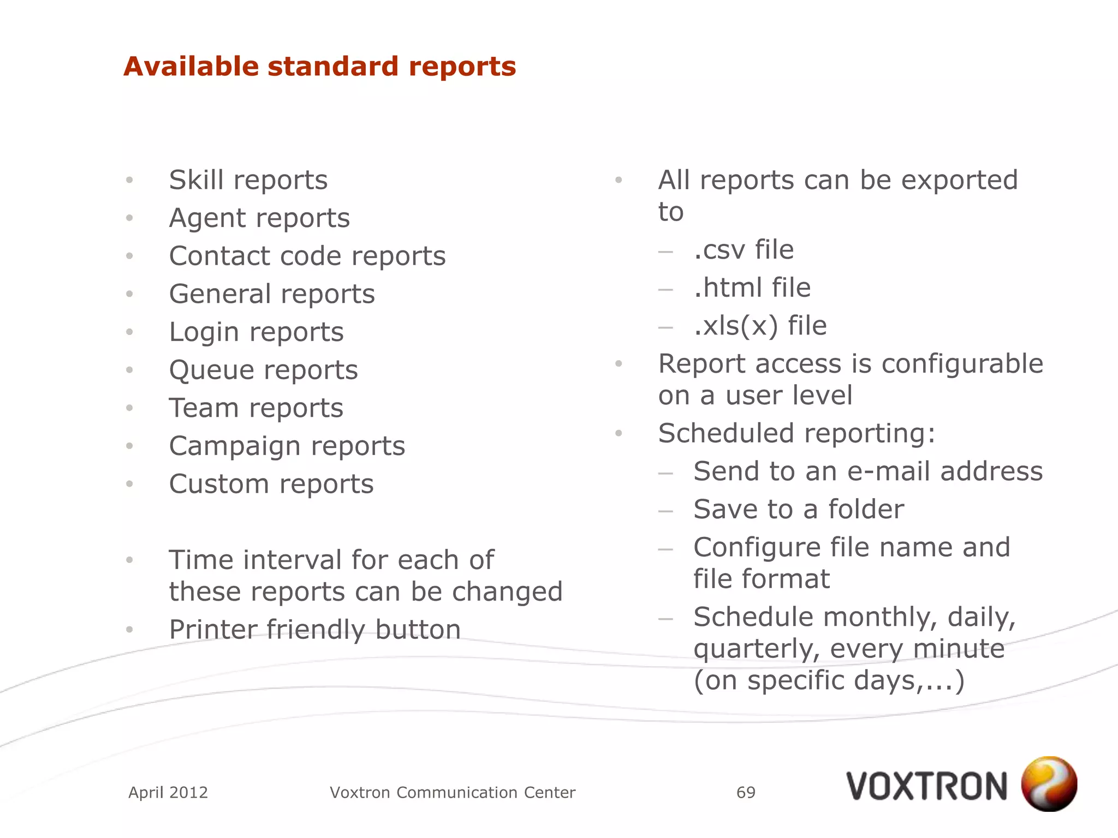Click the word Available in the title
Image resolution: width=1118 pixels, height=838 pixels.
click(x=191, y=67)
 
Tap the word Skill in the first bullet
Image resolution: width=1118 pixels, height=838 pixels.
click(x=196, y=180)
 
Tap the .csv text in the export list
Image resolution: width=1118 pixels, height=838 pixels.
click(x=719, y=250)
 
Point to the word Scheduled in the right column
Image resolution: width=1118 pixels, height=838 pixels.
click(x=726, y=434)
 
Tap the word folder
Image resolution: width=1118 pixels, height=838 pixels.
click(x=866, y=510)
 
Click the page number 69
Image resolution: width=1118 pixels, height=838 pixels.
click(x=746, y=792)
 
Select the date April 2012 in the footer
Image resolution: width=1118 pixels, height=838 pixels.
click(x=168, y=792)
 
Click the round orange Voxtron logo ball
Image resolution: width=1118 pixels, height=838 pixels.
click(x=1049, y=784)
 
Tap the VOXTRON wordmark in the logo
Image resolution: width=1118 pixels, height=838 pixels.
click(x=926, y=787)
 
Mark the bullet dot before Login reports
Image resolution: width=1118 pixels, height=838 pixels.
click(x=129, y=332)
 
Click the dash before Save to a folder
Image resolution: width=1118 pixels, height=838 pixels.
click(x=665, y=511)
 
